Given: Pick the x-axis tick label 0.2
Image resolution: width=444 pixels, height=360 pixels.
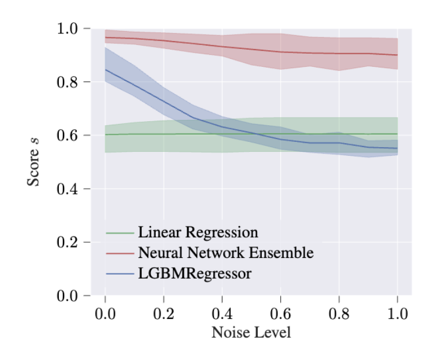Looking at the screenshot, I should [x=163, y=314].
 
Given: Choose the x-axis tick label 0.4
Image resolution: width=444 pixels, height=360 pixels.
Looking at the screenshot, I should [x=222, y=314].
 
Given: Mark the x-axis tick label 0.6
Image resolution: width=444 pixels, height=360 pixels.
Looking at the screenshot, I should [x=280, y=314].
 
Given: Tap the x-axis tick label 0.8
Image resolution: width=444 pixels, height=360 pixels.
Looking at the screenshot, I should [x=339, y=314].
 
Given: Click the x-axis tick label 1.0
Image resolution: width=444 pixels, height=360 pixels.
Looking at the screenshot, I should [x=397, y=314].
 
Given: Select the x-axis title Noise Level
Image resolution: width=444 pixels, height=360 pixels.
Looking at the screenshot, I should [x=251, y=333].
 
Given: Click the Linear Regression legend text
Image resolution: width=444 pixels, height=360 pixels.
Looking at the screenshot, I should [x=198, y=232].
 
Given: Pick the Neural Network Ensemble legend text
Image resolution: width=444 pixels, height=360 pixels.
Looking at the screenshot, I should [x=225, y=253].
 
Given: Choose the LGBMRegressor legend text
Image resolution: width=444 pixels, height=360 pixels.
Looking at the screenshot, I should [x=195, y=273].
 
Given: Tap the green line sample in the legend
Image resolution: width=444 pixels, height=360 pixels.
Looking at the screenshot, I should [x=120, y=233].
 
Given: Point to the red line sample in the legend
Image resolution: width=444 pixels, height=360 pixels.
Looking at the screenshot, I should [x=120, y=253].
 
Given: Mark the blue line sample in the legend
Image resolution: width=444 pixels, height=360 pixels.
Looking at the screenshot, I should [x=120, y=273].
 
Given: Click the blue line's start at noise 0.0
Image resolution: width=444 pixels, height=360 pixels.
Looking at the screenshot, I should [x=105, y=70].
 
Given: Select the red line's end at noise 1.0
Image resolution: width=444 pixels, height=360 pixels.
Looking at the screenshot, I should [x=397, y=55].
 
